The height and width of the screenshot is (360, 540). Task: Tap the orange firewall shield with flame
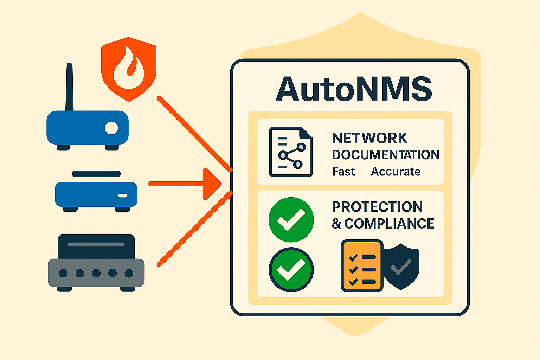[x=129, y=69]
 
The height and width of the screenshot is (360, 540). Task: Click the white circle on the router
[x=111, y=128]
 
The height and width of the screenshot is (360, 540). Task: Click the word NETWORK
[x=369, y=138]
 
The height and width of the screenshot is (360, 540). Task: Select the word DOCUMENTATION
[x=386, y=155]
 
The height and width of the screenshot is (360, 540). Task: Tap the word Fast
[x=343, y=172]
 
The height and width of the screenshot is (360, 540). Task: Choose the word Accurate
[x=396, y=172]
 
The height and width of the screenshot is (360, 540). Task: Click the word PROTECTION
[x=377, y=207]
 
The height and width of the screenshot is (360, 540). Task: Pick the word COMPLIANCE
[x=389, y=224]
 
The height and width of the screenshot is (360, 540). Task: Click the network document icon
[x=291, y=152]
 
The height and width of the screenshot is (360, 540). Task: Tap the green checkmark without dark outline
[x=291, y=220]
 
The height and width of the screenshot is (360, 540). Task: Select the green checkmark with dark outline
[x=291, y=270]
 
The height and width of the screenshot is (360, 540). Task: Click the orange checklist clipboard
[x=362, y=266]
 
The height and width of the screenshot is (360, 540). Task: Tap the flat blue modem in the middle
[x=96, y=194]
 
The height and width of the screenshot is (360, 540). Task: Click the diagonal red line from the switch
[x=194, y=229]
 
